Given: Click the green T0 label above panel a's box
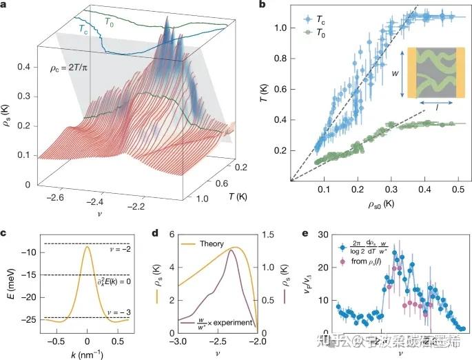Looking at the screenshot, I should click(109, 21).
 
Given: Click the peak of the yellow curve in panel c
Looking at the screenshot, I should click(87, 247).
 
